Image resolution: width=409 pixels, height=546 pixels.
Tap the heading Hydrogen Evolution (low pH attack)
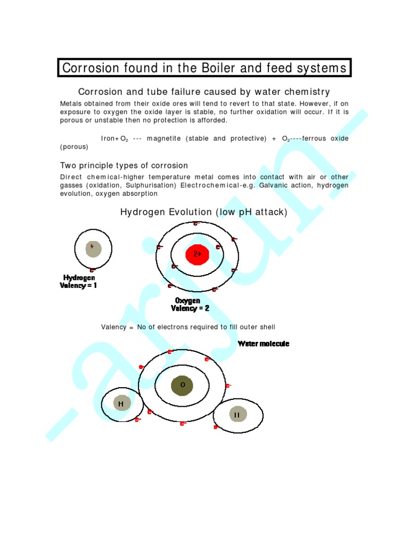pos(204,212)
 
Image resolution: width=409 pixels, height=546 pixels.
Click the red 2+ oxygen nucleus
pos(197,254)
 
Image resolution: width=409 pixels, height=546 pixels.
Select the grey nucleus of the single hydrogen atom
pos(93,248)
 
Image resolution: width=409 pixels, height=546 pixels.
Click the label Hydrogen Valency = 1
pos(79,282)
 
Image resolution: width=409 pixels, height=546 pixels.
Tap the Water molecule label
pos(264,344)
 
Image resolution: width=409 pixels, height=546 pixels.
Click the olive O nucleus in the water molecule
pos(182,384)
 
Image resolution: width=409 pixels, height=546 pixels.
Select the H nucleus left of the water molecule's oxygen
pos(121,404)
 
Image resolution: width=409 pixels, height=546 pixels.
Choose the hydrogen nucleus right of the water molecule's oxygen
pos(237,414)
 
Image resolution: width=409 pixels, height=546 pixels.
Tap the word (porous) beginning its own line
pos(74,147)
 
